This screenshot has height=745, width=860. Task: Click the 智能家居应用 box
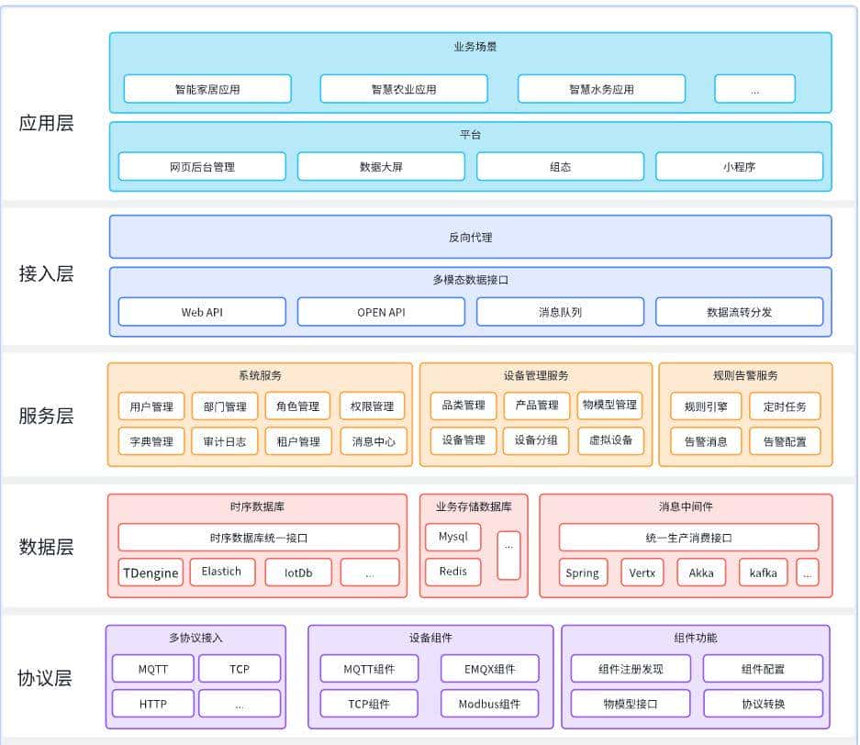[x=207, y=89]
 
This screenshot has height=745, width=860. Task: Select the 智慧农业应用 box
[x=404, y=89]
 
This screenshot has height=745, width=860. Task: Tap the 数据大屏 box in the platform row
[x=381, y=167]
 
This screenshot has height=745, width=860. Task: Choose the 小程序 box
[x=739, y=167]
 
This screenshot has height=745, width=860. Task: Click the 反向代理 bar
[x=470, y=237]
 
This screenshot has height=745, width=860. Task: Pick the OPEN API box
[x=381, y=312]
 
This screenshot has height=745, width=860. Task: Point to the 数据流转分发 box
[x=739, y=312]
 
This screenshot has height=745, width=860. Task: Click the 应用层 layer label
[x=46, y=124]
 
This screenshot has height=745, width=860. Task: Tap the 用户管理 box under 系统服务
[x=151, y=406]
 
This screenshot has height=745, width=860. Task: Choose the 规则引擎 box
[x=699, y=406]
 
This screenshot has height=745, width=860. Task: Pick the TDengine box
[x=151, y=573]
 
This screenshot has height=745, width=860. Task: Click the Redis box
[x=452, y=572]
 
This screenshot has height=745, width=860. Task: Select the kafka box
[x=763, y=573]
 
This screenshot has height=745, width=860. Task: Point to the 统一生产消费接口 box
[x=688, y=538]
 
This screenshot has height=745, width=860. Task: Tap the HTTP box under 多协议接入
[x=152, y=704]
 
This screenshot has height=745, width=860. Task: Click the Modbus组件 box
[x=489, y=704]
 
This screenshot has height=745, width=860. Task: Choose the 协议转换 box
[x=763, y=704]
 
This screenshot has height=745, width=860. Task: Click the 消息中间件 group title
[x=686, y=506]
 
